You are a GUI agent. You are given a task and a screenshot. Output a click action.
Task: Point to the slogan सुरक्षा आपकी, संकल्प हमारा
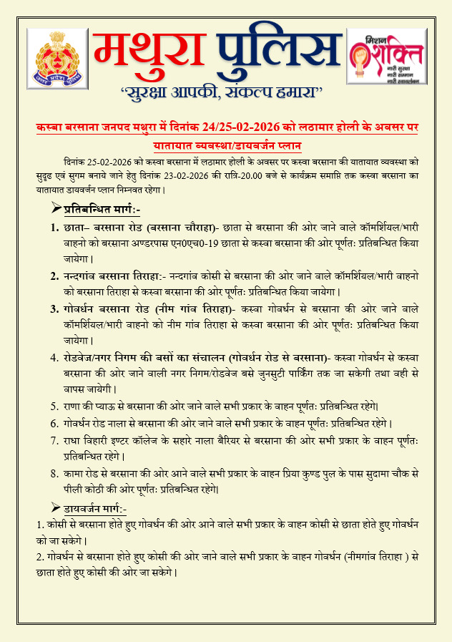tap(221, 92)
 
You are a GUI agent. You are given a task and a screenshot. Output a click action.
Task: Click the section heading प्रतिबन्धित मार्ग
tap(106, 210)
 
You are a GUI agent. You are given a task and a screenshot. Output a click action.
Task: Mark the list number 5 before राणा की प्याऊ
tap(54, 406)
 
